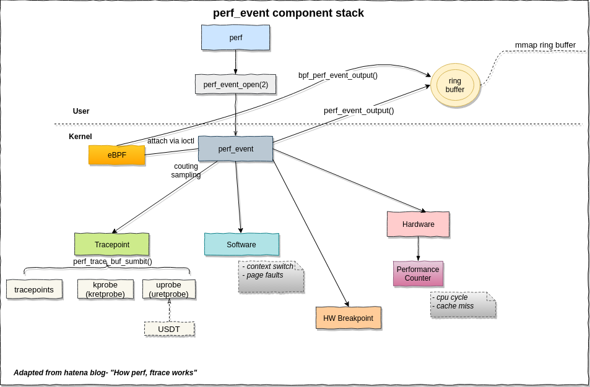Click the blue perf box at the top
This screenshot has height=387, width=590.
click(x=235, y=38)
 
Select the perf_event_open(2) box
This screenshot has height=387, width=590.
click(x=235, y=85)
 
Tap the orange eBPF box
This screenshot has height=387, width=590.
click(x=116, y=155)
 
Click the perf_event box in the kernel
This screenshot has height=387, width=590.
click(x=235, y=149)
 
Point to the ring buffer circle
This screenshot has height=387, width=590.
click(x=455, y=85)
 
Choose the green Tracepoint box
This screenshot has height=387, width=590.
click(x=111, y=245)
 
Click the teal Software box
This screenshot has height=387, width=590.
click(x=241, y=245)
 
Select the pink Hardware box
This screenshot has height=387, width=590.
click(x=418, y=224)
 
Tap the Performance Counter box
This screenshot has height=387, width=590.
click(x=418, y=274)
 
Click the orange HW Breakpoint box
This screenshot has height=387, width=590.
click(x=348, y=318)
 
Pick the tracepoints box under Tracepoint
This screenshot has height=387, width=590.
click(x=34, y=289)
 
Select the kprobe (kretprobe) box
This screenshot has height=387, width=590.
click(x=105, y=289)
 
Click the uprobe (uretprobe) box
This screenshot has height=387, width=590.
click(x=169, y=289)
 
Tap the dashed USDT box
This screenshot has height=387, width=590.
click(x=169, y=330)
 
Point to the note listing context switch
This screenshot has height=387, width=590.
click(x=271, y=276)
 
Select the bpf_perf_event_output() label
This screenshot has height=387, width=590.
click(x=337, y=75)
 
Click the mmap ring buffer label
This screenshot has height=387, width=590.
click(x=545, y=45)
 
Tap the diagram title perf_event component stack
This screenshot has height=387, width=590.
click(x=288, y=13)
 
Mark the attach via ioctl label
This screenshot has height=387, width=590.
click(x=170, y=141)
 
